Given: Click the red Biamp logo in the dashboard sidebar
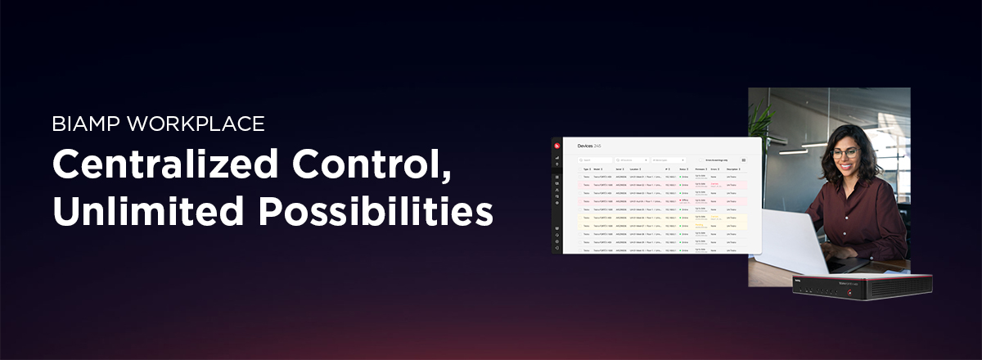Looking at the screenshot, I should (557, 146).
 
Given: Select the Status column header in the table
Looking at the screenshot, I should (683, 169).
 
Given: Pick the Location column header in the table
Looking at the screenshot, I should (637, 169).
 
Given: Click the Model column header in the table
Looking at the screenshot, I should (597, 169).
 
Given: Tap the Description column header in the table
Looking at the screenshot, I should (733, 169).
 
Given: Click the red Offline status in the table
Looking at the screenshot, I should (684, 200).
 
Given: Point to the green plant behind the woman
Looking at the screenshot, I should (759, 123).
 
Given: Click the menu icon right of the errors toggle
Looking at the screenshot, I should (744, 160).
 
